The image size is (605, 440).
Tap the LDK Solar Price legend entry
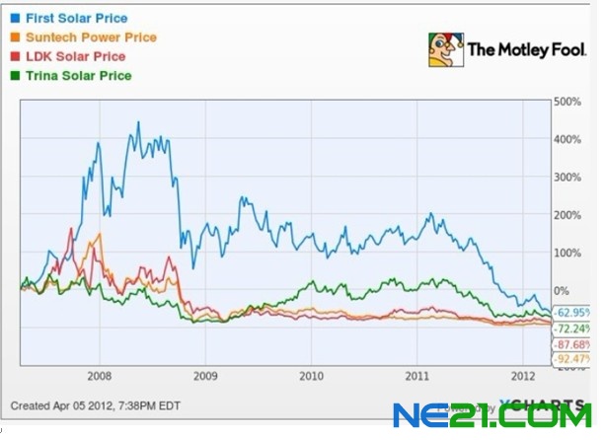74,56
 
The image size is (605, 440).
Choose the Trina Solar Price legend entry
77,75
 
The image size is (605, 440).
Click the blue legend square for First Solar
15,18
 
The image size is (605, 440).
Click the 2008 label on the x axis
99,376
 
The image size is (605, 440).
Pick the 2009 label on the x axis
205,376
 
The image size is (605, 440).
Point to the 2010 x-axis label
312,376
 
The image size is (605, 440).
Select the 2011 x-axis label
418,376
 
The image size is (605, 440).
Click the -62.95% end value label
573,312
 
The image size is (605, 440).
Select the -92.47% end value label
573,362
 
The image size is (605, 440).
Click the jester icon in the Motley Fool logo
445,49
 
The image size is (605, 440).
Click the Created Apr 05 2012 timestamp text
94,406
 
